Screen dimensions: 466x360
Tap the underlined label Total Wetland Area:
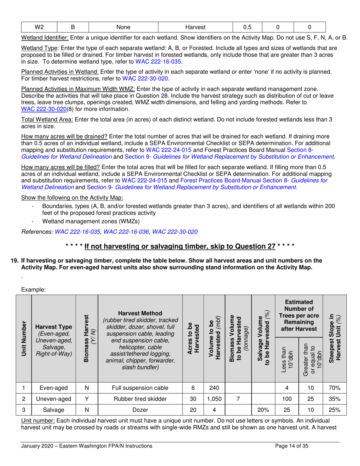pos(47,120)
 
